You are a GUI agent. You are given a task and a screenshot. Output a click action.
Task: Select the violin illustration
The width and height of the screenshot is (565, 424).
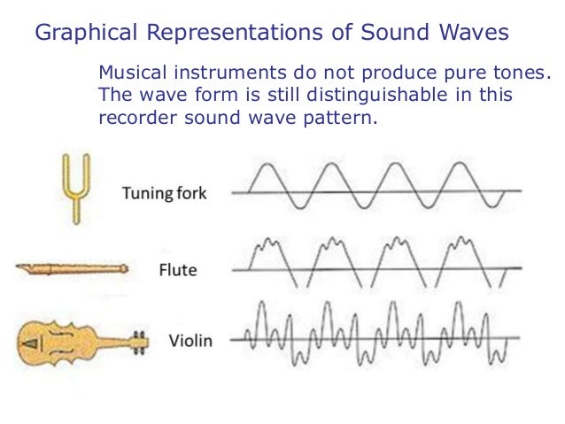pyautogui.click(x=80, y=341)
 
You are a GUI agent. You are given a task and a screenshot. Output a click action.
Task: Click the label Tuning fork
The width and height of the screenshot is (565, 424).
pyautogui.click(x=166, y=193)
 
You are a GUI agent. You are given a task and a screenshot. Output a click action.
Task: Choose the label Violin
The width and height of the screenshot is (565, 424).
pyautogui.click(x=190, y=341)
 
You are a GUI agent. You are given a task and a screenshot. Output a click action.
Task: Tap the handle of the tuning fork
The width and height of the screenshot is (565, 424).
pyautogui.click(x=75, y=211)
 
